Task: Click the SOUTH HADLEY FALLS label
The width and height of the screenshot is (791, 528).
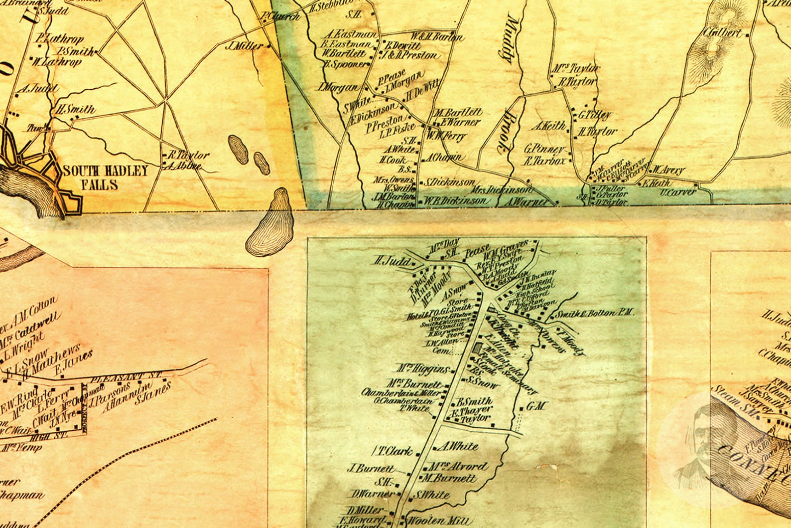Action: click(x=105, y=178)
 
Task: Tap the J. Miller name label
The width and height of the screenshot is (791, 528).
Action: click(x=244, y=46)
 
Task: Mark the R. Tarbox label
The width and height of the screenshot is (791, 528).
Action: click(x=545, y=161)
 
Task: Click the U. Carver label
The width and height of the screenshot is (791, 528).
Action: click(x=678, y=192)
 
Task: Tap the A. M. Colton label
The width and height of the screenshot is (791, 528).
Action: click(x=36, y=307)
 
